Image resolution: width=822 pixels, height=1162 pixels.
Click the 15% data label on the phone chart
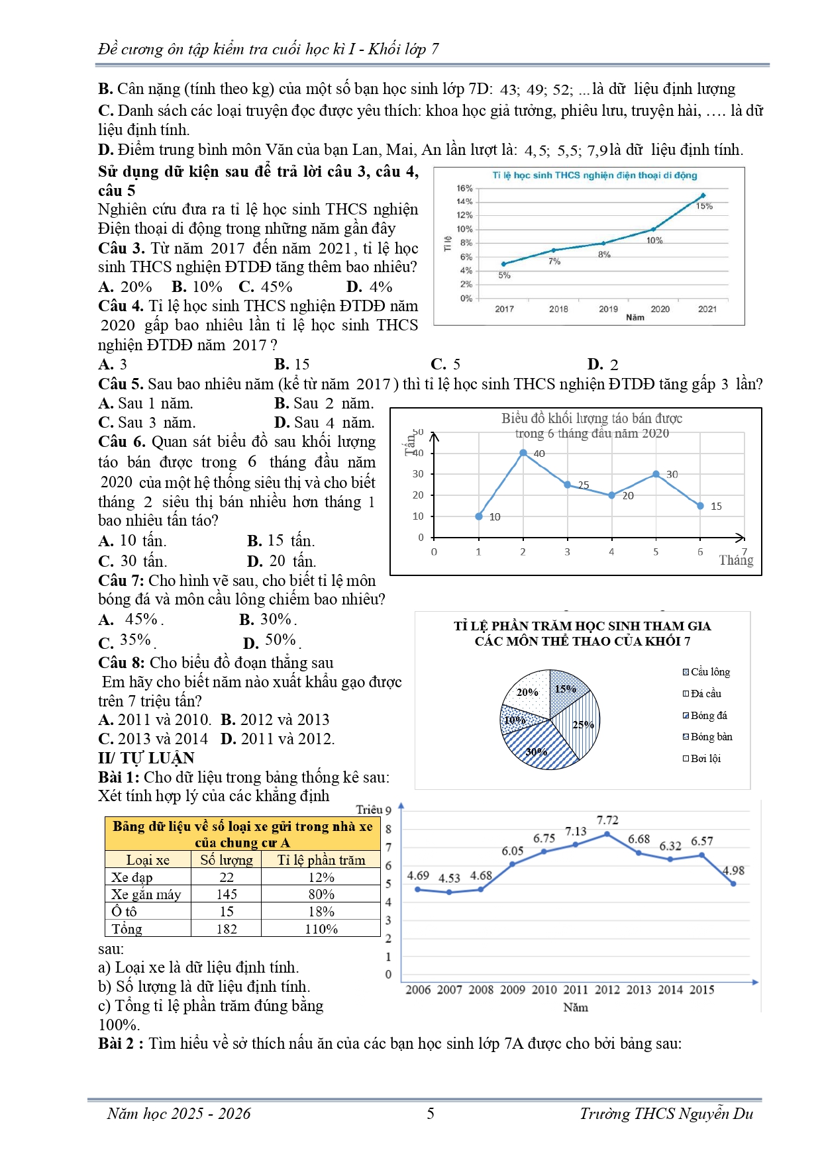pos(704,207)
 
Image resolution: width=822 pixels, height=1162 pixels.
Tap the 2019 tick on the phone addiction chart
pos(608,309)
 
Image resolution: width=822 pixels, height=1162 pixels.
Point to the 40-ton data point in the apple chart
pos(523,453)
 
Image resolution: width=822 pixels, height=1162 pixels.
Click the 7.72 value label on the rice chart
pos(607,820)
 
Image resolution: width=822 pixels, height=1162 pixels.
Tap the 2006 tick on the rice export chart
pos(418,990)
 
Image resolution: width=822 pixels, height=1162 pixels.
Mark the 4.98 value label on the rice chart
pos(733,871)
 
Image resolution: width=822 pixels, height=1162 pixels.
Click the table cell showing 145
pos(227,895)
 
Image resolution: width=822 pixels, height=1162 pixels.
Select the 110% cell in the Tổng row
pos(321,930)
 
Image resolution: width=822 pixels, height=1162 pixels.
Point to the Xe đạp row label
pos(132,877)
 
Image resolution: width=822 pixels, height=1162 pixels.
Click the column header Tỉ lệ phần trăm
pos(321,860)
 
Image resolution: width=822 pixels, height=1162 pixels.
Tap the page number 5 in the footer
pos(431,1114)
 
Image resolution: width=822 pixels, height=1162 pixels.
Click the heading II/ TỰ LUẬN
pos(146,758)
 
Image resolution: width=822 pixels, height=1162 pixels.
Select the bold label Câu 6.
pos(121,442)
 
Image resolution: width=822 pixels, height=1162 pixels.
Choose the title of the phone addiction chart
pos(594,175)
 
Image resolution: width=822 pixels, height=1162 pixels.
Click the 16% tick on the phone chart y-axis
pos(464,189)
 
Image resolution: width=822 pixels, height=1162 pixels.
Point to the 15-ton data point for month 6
pos(700,506)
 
